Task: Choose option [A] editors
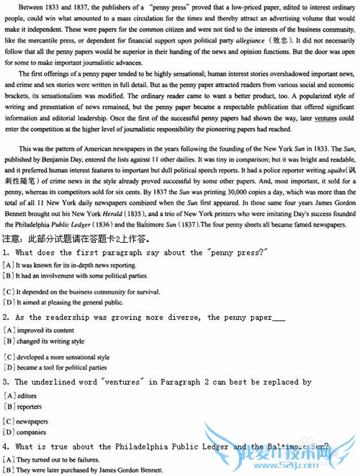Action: click(x=27, y=395)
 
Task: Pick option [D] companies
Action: click(x=32, y=431)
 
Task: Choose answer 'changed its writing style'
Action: click(x=51, y=341)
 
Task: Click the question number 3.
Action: click(x=6, y=382)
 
